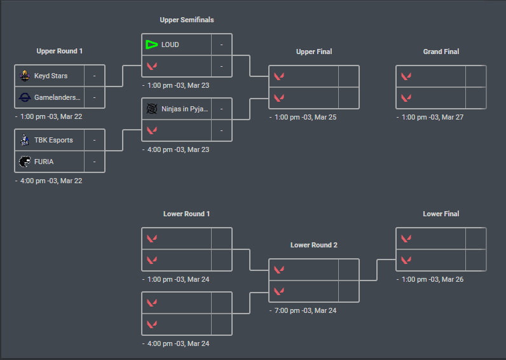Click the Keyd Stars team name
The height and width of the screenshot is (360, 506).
[x=51, y=76]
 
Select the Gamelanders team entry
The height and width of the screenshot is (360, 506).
[x=57, y=97]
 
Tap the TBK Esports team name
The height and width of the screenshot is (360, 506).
[x=53, y=140]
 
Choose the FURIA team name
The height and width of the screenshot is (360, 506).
[x=44, y=162]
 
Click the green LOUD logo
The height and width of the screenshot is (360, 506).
[x=151, y=45]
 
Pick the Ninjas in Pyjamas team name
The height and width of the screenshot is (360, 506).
[x=185, y=109]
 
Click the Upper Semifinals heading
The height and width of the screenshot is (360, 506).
[x=187, y=20]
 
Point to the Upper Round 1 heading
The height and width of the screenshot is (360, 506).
[x=60, y=51]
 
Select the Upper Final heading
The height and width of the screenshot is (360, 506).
[x=314, y=52]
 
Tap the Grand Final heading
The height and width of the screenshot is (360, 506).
[x=441, y=52]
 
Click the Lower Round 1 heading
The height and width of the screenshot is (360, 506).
[x=187, y=214]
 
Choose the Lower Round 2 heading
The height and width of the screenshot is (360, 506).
[x=314, y=245]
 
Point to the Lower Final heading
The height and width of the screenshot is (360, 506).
[x=441, y=214]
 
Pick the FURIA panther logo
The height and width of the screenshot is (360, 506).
[x=25, y=162]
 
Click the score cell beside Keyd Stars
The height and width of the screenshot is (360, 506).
[x=94, y=76]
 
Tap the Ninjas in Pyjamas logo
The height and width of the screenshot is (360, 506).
[x=152, y=109]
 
